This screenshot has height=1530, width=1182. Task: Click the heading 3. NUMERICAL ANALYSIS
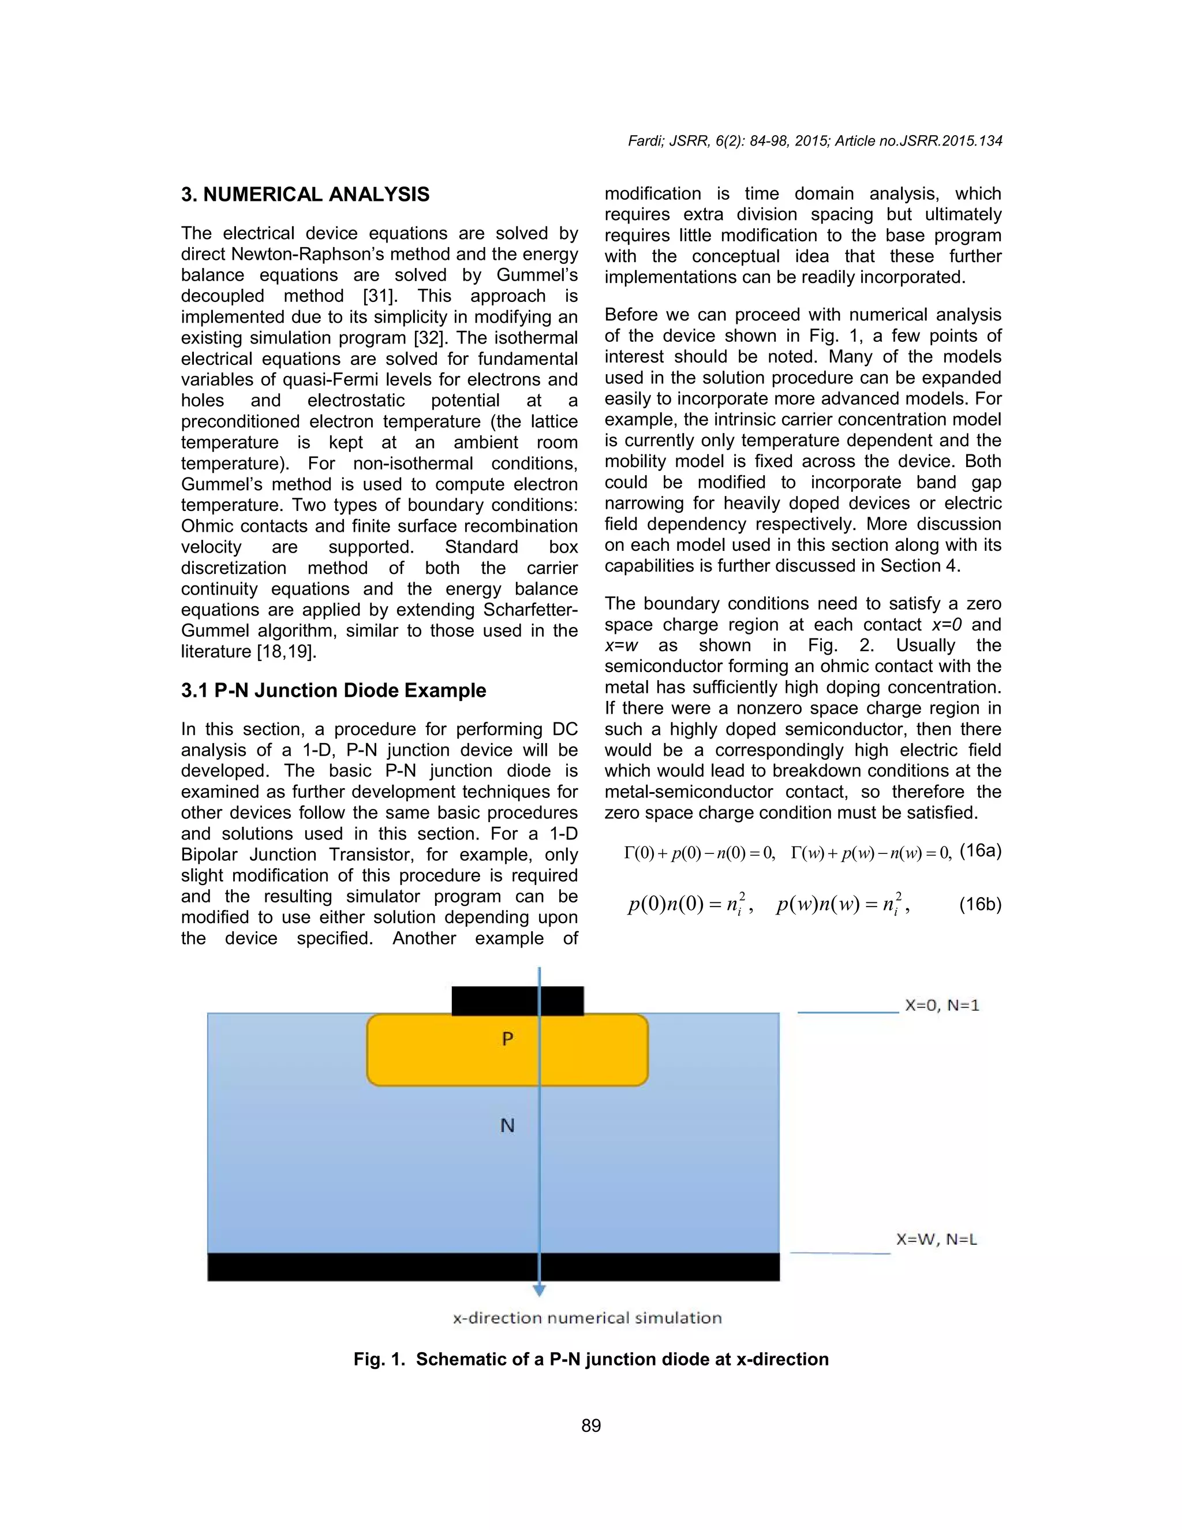(305, 194)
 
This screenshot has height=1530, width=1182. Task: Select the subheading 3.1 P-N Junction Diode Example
(334, 690)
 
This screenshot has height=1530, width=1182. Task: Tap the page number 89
(591, 1425)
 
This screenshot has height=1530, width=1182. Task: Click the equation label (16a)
(981, 850)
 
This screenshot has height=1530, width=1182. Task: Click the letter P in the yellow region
(508, 1038)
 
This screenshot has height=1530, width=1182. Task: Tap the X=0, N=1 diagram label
(942, 1005)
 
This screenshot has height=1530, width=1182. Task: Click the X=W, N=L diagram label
(937, 1239)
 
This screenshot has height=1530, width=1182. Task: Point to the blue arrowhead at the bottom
(539, 1290)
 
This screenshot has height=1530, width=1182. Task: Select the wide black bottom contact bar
(493, 1267)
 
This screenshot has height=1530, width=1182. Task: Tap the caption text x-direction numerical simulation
(587, 1318)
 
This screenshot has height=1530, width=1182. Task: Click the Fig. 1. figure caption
(591, 1359)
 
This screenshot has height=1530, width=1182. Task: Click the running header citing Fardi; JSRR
(815, 141)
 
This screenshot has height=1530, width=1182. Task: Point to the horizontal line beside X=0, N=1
(848, 1012)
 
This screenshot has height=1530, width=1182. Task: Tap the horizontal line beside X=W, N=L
(840, 1253)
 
